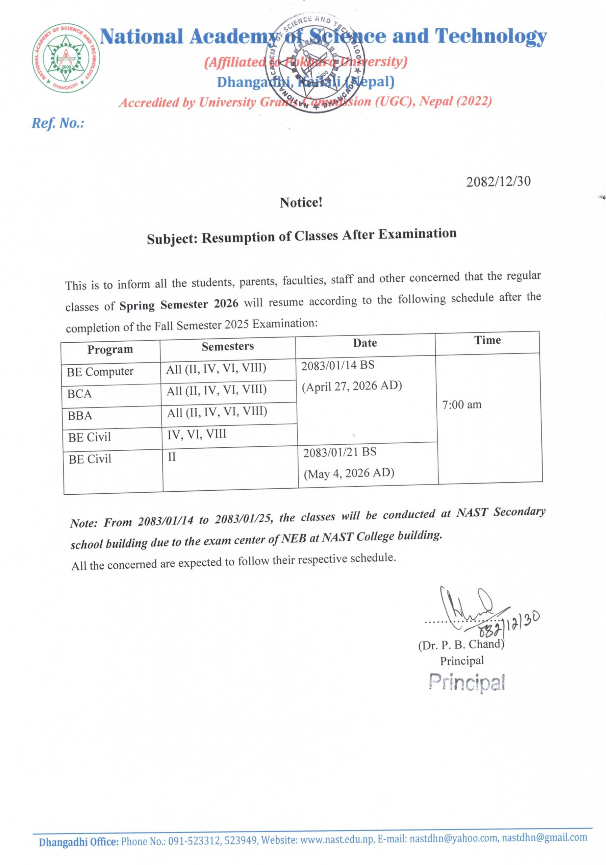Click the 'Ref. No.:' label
57,123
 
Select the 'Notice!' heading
301,203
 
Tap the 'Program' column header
110,349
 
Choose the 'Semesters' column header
227,346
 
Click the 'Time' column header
487,340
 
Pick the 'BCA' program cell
80,394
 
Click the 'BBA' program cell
80,416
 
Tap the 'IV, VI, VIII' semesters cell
197,434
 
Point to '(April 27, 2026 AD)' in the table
352,386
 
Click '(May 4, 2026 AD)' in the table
349,473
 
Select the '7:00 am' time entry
462,404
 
